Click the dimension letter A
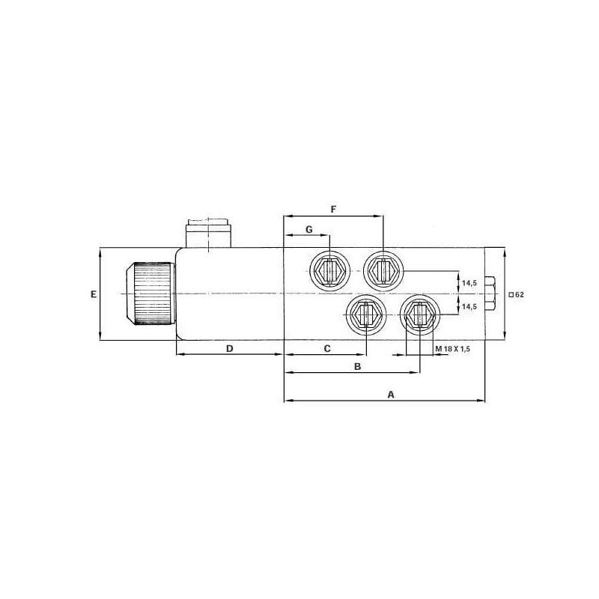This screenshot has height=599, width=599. coord(390,395)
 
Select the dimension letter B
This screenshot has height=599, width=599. coord(358,367)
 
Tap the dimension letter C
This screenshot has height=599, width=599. coord(327,349)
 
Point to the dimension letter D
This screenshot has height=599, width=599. coord(230,349)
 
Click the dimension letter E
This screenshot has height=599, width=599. coord(94,294)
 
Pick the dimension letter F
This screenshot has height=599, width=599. coord(333,210)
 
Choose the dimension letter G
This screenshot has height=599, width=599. coord(309,229)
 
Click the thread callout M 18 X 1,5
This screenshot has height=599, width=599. coord(452,349)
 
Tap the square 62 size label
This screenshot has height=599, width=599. coord(516,294)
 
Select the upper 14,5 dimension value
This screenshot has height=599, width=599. coord(469,283)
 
